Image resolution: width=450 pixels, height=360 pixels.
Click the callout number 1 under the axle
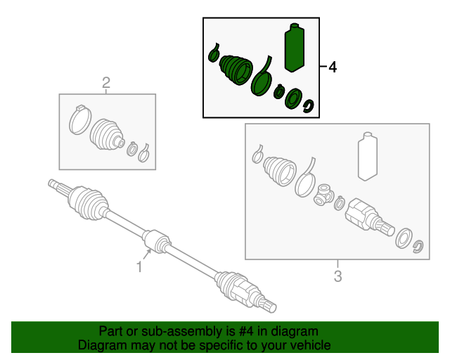click(x=139, y=266)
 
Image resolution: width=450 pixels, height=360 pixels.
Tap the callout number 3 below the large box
click(x=337, y=276)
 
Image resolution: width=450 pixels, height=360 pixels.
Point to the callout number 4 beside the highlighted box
click(x=332, y=67)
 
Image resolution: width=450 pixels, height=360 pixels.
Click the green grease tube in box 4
click(x=295, y=48)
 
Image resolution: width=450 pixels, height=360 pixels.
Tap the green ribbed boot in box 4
click(x=236, y=70)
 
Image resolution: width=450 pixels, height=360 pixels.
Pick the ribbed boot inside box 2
click(x=108, y=134)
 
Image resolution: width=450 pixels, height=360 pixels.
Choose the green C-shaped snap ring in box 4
click(x=308, y=107)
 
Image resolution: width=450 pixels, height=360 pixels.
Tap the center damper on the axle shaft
click(x=156, y=240)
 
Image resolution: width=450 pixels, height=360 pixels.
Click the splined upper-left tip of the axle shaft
click(x=54, y=184)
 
